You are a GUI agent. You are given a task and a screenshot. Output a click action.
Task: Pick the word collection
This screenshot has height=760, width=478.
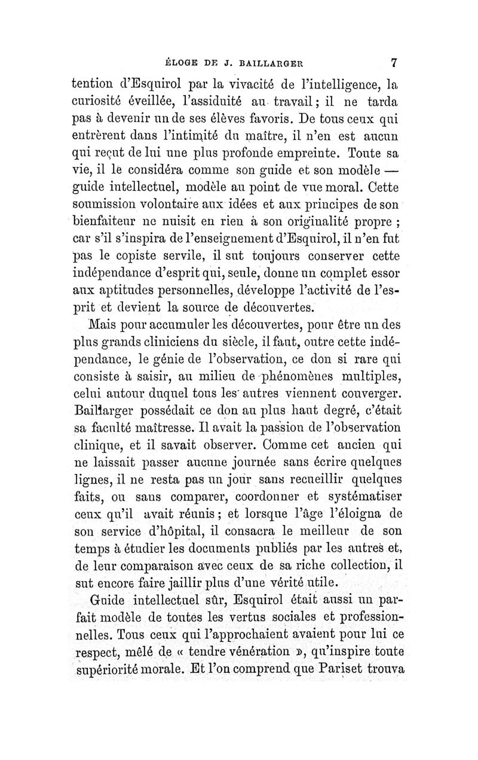(360, 565)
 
